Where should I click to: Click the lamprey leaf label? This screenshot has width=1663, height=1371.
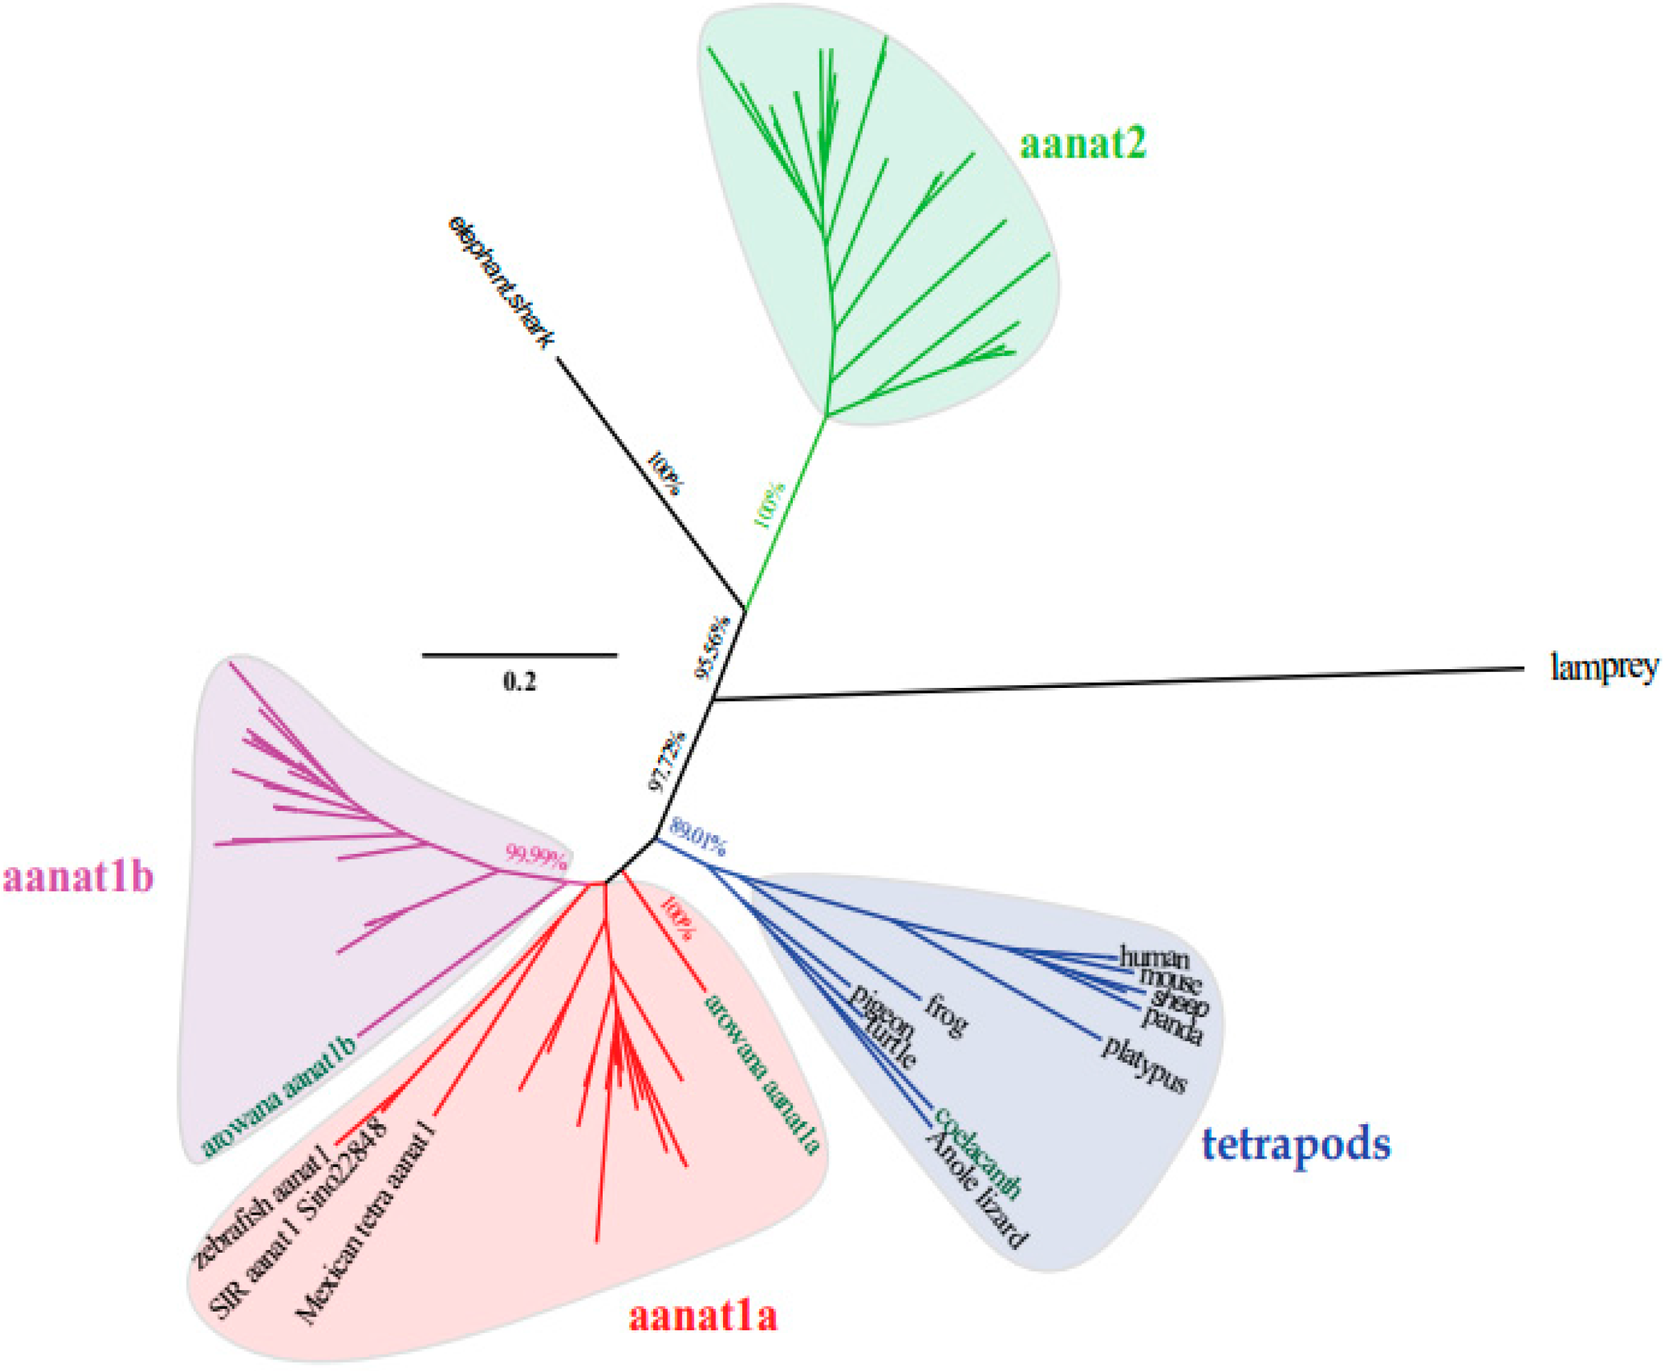(x=1604, y=668)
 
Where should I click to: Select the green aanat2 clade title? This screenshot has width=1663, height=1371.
(x=1082, y=144)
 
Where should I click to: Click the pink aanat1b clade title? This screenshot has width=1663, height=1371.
(x=78, y=877)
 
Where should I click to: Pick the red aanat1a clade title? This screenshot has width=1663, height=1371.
(x=703, y=1316)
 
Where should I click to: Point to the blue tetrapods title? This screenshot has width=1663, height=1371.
(x=1296, y=1144)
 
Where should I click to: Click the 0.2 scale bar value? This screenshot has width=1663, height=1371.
(x=519, y=681)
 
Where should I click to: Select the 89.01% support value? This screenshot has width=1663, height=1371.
(x=697, y=837)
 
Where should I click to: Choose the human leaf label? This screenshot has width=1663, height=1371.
(x=1154, y=959)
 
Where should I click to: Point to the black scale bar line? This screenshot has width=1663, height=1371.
(x=519, y=655)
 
